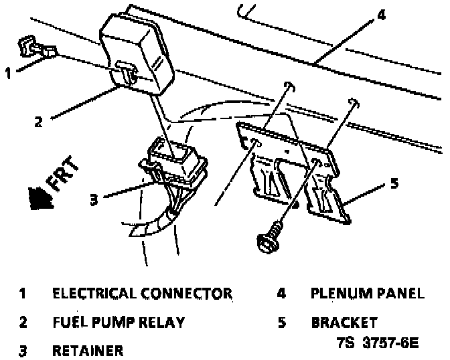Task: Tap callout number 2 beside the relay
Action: (39, 121)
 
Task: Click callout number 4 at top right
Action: (380, 15)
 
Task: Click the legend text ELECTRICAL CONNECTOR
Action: (142, 294)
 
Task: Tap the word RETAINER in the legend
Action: (87, 350)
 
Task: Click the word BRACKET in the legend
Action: (344, 322)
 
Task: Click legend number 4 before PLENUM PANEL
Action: (282, 294)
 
